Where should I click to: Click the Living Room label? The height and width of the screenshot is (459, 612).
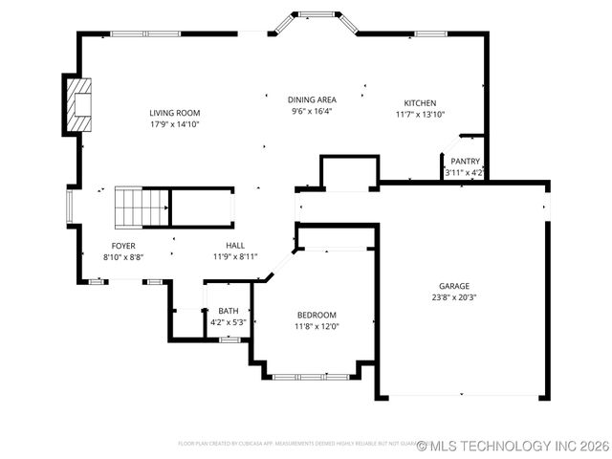pos(174,113)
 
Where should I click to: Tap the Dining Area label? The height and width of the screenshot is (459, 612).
pos(312,99)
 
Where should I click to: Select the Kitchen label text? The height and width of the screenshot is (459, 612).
pos(420,103)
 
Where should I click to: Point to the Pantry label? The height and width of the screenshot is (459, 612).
pos(465,162)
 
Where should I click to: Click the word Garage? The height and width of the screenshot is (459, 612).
pos(453,286)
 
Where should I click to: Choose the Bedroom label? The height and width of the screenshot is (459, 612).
pos(316,316)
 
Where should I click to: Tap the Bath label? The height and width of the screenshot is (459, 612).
pos(229,311)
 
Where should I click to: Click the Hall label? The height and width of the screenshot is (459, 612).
pos(235,246)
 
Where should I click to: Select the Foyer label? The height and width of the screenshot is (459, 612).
pos(123,246)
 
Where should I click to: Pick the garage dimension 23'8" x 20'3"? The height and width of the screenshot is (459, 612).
pos(453,297)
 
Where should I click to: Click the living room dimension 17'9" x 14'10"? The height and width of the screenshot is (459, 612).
pos(174,124)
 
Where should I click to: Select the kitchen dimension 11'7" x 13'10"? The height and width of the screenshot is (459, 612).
pos(420,115)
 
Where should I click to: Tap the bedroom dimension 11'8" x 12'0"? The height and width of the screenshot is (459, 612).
pos(316,327)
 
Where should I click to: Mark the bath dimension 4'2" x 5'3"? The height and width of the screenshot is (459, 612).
pos(229,322)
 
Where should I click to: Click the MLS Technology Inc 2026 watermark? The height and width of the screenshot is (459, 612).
pos(513,446)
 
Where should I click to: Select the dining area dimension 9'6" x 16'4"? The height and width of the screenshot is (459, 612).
pos(312,111)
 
